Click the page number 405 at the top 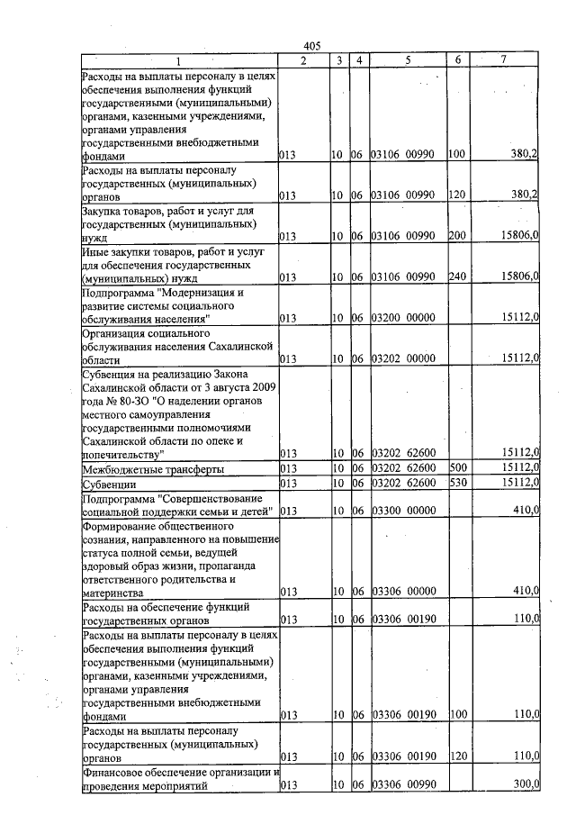(x=312, y=46)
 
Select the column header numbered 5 (x=408, y=60)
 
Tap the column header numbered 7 (x=504, y=59)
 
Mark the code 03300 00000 (x=403, y=511)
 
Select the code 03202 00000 (x=403, y=358)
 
